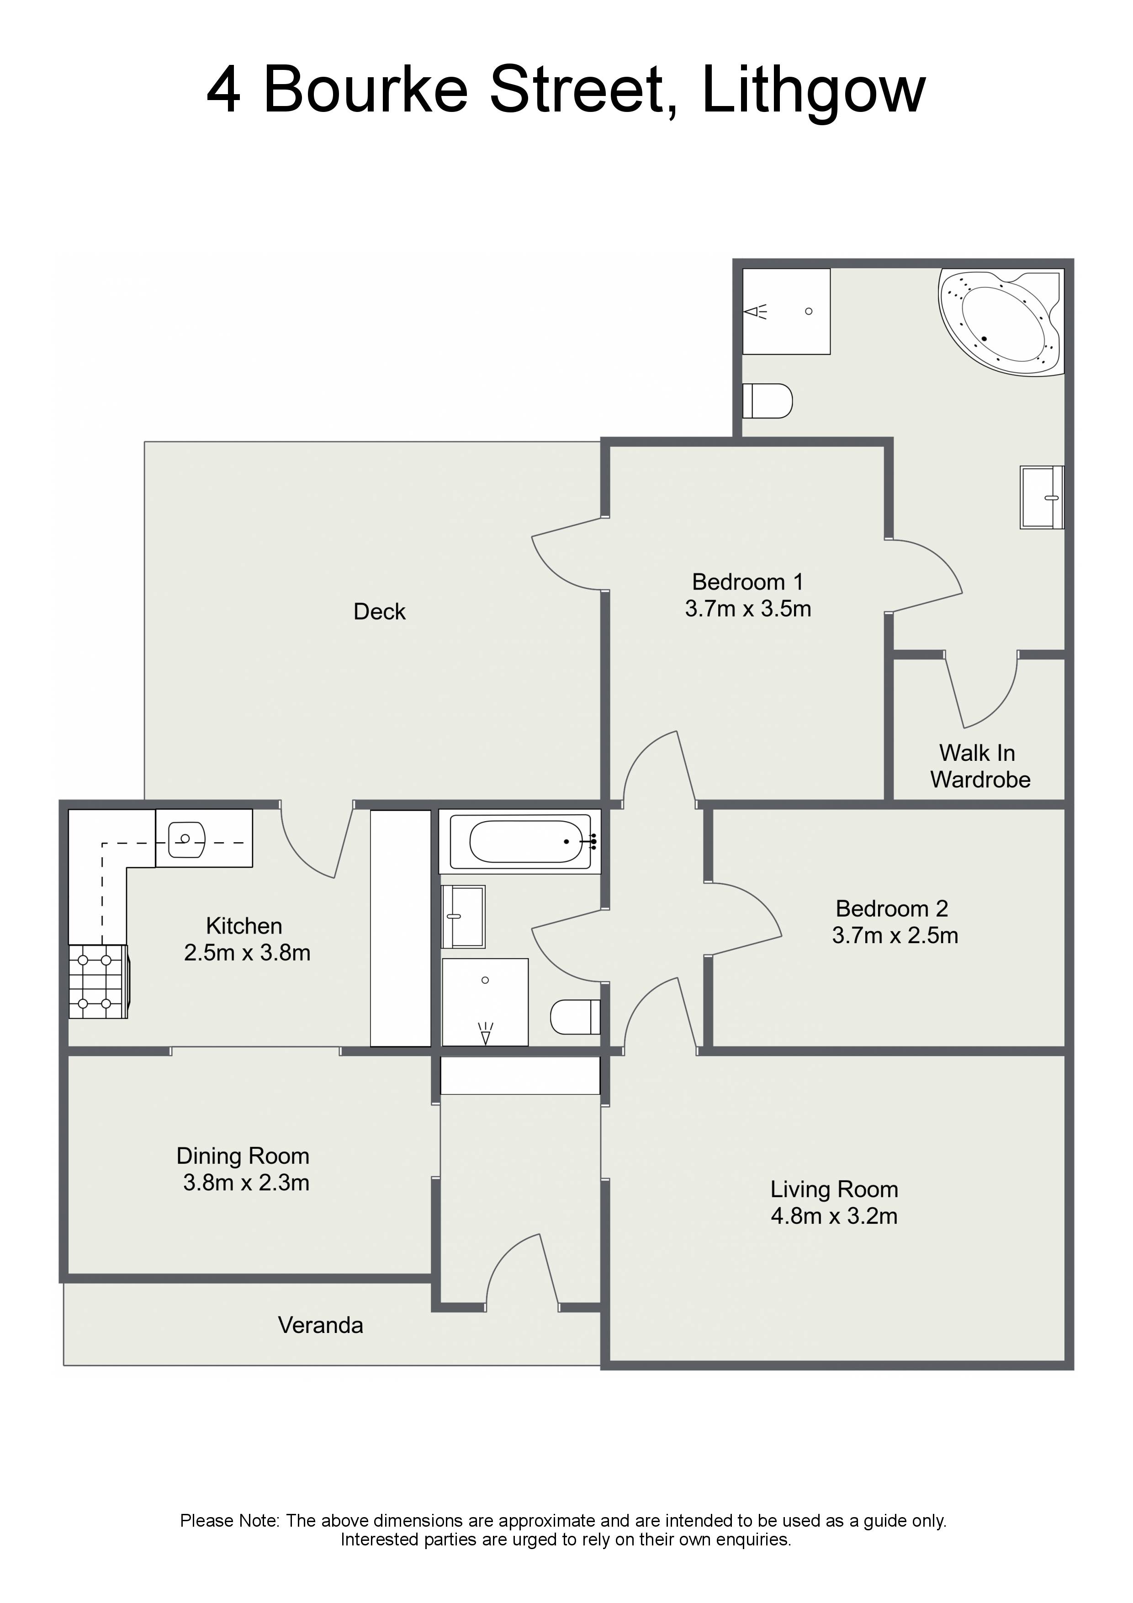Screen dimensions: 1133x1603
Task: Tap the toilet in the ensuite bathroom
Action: tap(767, 401)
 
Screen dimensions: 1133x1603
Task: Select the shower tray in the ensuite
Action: tap(786, 311)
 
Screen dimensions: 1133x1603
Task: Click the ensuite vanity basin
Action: tap(1042, 497)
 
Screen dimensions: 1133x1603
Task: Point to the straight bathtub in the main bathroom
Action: tap(519, 841)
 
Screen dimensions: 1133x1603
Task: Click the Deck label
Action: tap(379, 611)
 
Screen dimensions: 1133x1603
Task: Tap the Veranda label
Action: tap(320, 1325)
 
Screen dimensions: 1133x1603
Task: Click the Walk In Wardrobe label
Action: tap(980, 766)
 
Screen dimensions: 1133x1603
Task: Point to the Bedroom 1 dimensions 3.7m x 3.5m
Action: tap(748, 609)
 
